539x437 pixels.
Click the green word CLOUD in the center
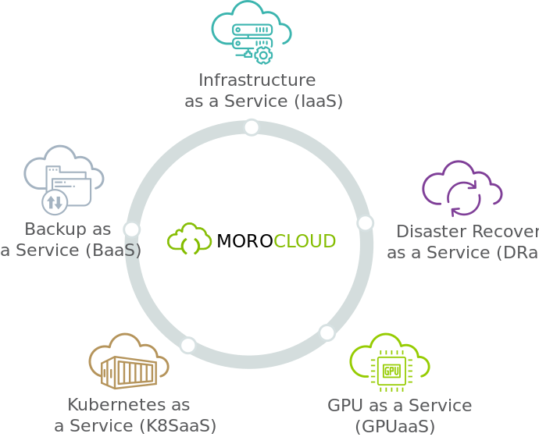click(305, 241)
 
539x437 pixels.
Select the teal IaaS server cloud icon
click(251, 33)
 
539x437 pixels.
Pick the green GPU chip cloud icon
click(390, 365)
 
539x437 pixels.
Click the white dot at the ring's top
click(251, 127)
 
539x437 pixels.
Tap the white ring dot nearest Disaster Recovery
click(365, 222)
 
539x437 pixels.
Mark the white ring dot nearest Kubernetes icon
click(188, 344)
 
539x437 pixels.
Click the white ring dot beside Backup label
click(131, 229)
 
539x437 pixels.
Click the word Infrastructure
click(257, 80)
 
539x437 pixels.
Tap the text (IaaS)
click(319, 101)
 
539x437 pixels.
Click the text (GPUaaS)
click(394, 427)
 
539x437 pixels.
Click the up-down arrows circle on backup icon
click(53, 203)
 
